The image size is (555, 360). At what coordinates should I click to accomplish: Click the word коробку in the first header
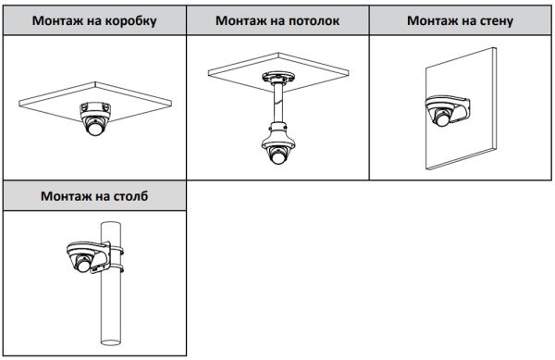pos(125,19)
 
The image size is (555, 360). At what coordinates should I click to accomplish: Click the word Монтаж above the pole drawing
pos(68,196)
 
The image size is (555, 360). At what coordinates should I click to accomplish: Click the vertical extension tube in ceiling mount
pos(277,102)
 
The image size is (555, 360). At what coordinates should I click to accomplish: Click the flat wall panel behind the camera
pos(472,139)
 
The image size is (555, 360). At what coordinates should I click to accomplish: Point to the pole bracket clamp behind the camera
pos(115,257)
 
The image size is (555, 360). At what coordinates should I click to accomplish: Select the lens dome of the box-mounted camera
pos(95,129)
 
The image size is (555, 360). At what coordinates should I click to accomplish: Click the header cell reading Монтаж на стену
pos(462,19)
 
